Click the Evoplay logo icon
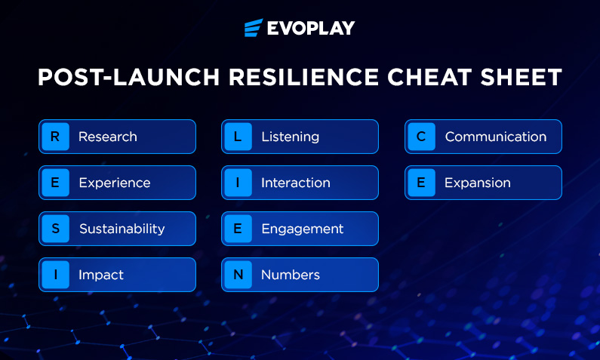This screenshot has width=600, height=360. click(x=254, y=27)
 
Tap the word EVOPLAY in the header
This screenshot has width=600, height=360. click(x=311, y=28)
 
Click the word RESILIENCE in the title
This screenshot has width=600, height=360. click(x=303, y=77)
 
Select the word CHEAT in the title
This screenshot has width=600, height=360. click(x=429, y=77)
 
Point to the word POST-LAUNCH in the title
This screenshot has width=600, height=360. click(x=128, y=77)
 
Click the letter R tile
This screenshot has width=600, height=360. click(x=56, y=137)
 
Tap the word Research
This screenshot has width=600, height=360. click(x=107, y=137)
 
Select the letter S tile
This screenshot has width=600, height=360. click(x=56, y=229)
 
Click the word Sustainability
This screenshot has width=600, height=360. click(x=122, y=229)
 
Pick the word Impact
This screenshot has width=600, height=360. click(x=101, y=275)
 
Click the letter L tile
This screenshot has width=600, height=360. click(x=238, y=137)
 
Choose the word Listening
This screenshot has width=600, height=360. click(x=290, y=137)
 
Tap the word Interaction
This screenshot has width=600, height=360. click(x=295, y=183)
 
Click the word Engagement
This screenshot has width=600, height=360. click(x=303, y=229)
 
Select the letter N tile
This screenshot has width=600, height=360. click(x=238, y=274)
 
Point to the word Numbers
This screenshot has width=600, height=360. click(x=291, y=274)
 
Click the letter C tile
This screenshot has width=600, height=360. click(x=421, y=137)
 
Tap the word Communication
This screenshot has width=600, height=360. click(x=496, y=137)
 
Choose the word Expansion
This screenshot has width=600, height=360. click(x=478, y=183)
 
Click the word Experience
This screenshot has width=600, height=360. click(x=115, y=183)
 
